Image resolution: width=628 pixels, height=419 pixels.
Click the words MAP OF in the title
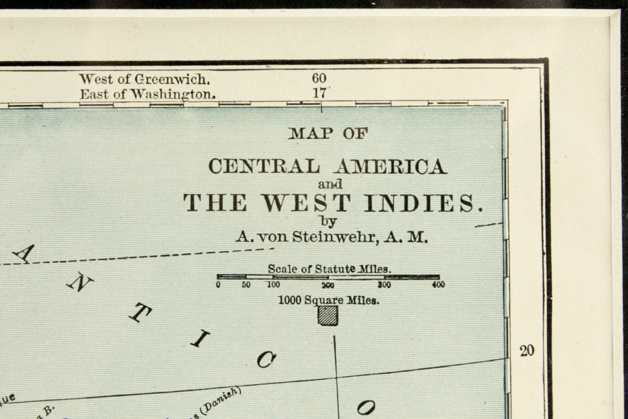tap(328, 133)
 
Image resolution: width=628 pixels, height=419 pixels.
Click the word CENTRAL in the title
tap(263, 166)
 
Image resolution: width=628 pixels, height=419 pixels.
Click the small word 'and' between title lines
tap(330, 185)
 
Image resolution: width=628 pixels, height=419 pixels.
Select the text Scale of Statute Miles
tap(329, 269)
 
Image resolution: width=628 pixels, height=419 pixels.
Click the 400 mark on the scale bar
tap(438, 285)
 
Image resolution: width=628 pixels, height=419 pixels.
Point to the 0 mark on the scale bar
tap(219, 285)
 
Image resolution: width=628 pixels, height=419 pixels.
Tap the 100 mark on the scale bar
tap(273, 285)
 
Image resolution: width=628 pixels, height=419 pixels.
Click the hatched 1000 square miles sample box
tap(328, 315)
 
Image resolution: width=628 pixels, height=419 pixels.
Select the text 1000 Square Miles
tap(328, 300)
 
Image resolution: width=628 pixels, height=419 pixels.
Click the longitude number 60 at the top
tap(319, 79)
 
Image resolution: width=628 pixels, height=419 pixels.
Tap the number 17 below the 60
tap(319, 93)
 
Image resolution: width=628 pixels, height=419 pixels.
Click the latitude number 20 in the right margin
tap(527, 351)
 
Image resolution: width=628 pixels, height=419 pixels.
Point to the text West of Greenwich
tap(144, 80)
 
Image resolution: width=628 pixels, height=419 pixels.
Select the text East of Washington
tap(148, 94)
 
